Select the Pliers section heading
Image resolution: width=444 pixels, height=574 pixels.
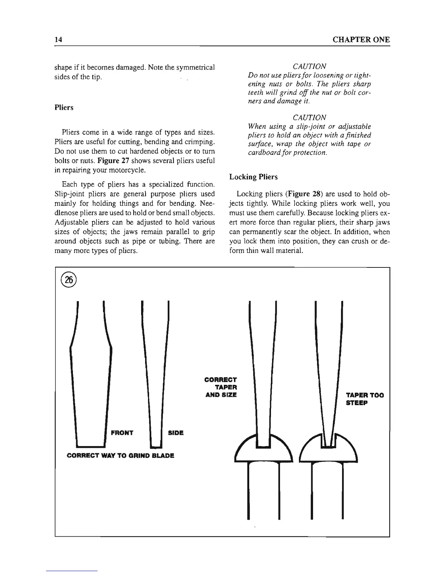pos(64,108)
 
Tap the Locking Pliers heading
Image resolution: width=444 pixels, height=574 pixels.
pos(254,177)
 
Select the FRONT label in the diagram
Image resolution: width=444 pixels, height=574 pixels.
pos(122,433)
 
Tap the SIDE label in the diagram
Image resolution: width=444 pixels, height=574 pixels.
pos(176,433)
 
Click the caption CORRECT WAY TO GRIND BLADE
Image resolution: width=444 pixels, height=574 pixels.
pos(121,456)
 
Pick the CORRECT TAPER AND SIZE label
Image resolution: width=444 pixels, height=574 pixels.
pos(221,387)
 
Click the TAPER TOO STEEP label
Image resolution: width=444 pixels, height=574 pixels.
pos(364,399)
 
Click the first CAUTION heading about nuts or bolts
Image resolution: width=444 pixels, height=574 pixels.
pos(309,66)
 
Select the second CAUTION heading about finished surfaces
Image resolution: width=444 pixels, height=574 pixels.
pos(309,117)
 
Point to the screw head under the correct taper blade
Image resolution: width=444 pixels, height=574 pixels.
pos(263,450)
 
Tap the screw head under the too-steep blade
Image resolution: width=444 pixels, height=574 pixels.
pos(329,450)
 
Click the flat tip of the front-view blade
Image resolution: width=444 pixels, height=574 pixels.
pos(91,445)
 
